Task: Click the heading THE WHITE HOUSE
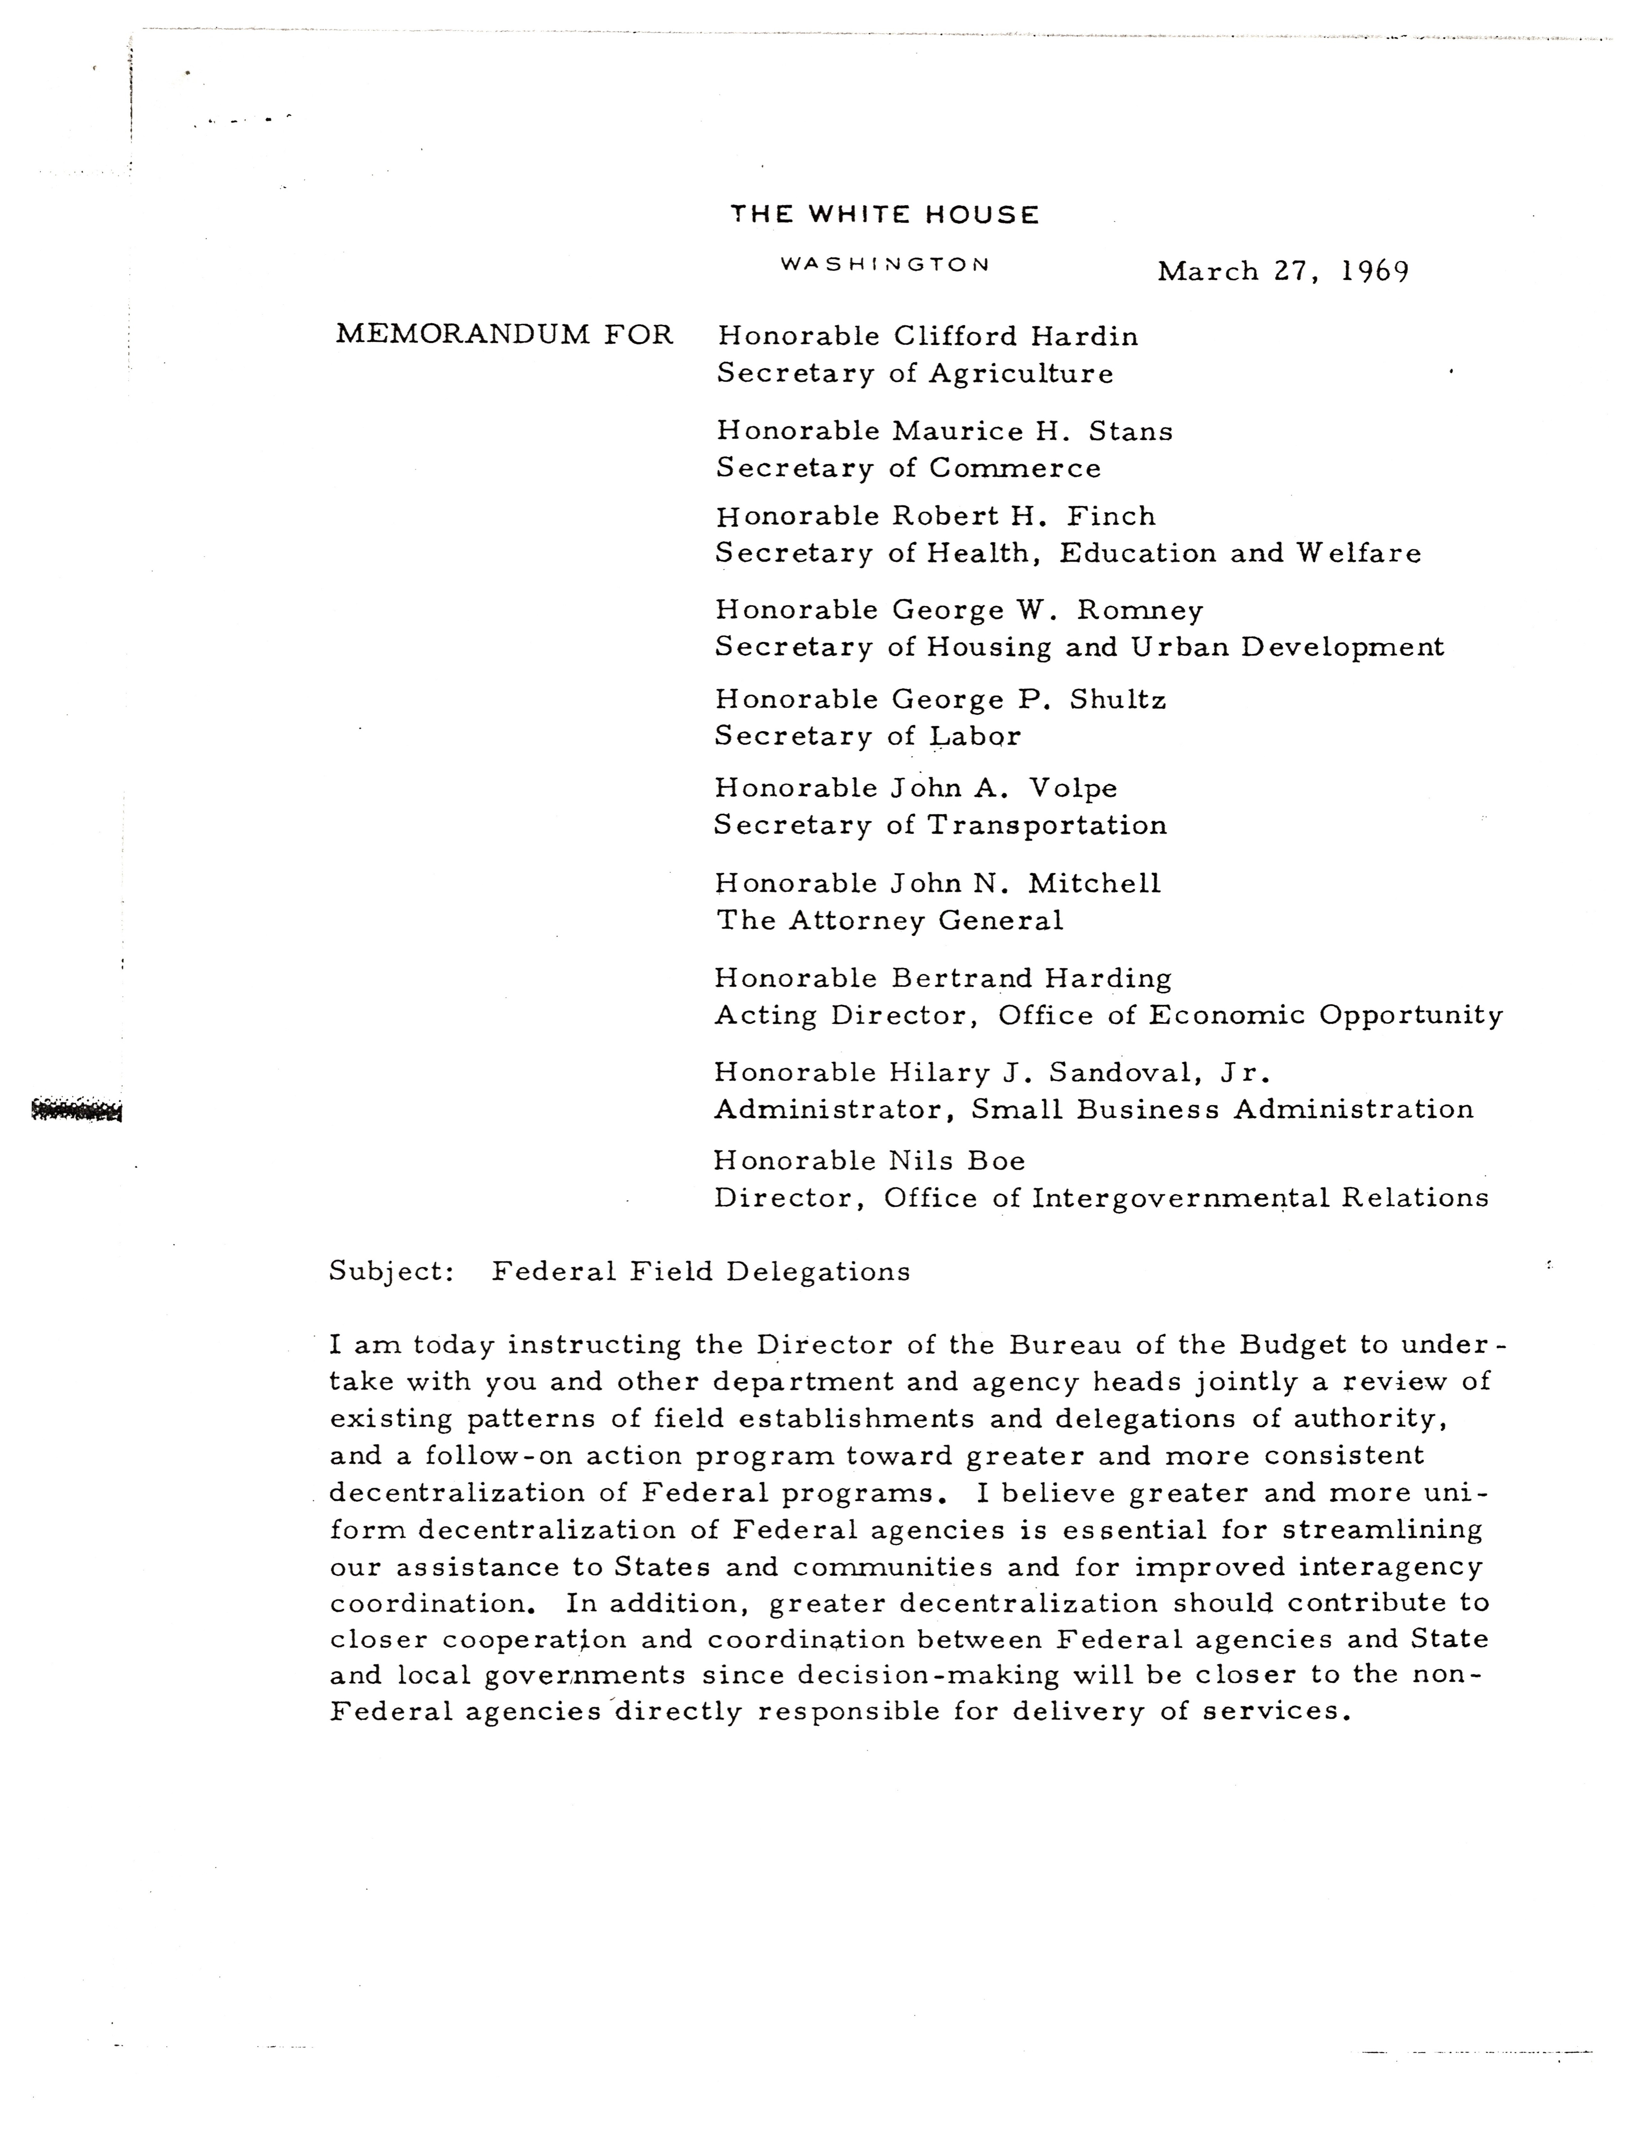tap(884, 214)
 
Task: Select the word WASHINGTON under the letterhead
tap(885, 264)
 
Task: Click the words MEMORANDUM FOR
tap(504, 335)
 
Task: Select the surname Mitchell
tap(1095, 884)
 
